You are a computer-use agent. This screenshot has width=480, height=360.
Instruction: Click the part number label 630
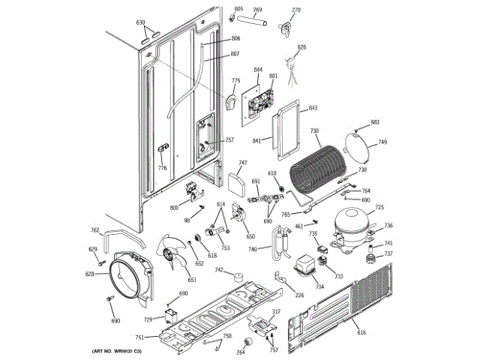coord(140,23)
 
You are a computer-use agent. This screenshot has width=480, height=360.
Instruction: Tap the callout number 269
coord(257,10)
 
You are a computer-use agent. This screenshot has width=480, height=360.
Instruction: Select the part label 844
coord(258,70)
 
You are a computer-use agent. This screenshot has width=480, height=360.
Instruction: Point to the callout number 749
coord(382,142)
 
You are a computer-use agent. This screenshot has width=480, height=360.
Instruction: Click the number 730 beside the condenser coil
coord(315,130)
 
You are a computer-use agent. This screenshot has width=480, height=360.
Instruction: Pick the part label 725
coord(379,208)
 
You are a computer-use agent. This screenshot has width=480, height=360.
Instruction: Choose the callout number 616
coord(361,332)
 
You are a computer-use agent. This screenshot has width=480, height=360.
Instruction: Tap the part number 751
coord(139,337)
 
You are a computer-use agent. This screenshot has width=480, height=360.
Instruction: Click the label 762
coord(94,230)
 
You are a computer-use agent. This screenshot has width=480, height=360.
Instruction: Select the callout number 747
coord(243,163)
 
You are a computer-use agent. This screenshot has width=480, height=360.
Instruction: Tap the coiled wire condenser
coord(315,169)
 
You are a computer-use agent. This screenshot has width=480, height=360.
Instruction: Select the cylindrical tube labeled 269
coord(257,23)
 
